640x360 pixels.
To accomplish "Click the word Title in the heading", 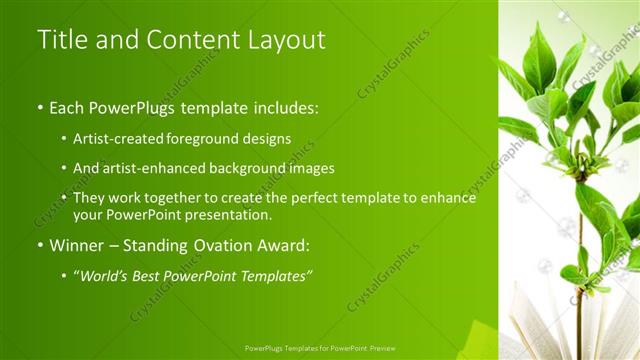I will coord(58,40).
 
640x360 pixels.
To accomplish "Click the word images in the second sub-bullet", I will coord(309,168).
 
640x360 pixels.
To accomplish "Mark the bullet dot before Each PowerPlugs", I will coord(39,107).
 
